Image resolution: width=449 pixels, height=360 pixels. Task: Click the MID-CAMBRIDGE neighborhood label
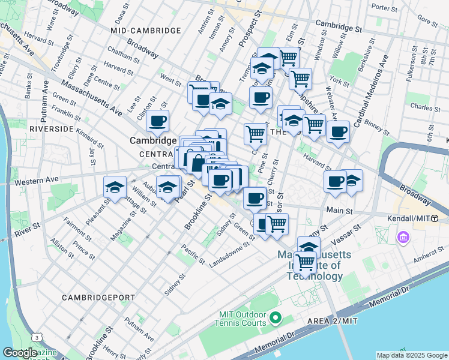(146, 30)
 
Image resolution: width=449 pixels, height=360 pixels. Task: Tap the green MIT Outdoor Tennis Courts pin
(276, 316)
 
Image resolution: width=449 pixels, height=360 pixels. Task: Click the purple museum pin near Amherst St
(402, 238)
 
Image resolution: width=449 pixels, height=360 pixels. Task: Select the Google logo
(20, 353)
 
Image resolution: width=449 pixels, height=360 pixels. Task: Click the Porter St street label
(381, 7)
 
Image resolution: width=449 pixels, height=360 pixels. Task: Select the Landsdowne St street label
(229, 254)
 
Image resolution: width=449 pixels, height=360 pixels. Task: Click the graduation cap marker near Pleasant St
(115, 187)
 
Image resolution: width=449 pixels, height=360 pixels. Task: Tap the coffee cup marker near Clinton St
(158, 121)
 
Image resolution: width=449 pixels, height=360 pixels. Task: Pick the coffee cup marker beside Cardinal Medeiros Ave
(338, 131)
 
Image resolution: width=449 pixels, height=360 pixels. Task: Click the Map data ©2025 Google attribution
(412, 355)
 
